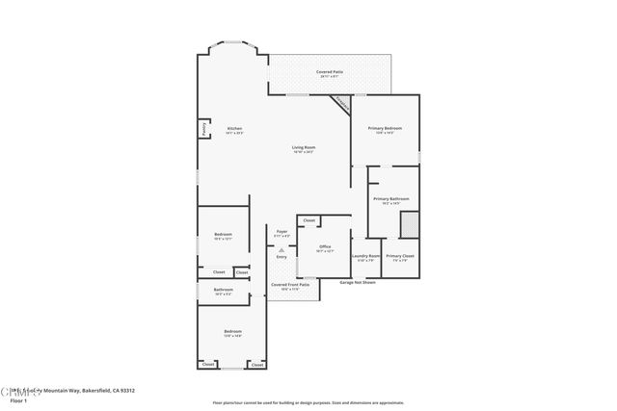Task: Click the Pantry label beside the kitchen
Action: tap(204, 128)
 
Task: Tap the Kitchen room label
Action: tap(234, 129)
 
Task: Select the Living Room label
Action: tap(305, 147)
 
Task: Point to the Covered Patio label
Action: tap(329, 72)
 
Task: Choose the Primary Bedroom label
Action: tap(385, 128)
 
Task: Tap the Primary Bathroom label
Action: tap(391, 199)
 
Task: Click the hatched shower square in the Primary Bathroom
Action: tap(409, 224)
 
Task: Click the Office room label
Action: tap(325, 246)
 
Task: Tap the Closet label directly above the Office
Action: tap(308, 220)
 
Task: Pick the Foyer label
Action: tap(282, 231)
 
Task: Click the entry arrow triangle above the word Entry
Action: tap(282, 248)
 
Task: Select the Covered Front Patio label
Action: tap(290, 284)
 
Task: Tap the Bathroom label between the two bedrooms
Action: tap(224, 289)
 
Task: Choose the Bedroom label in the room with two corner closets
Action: tap(233, 331)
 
